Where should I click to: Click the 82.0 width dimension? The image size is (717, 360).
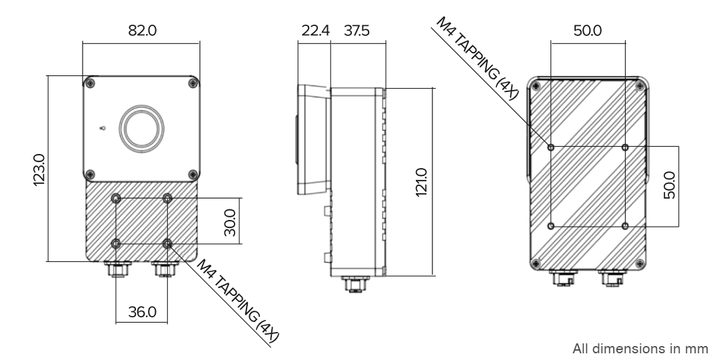point(141,31)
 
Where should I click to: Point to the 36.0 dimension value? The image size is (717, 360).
point(142,311)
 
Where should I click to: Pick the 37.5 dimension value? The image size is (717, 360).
point(357,31)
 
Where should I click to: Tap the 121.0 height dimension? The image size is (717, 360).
point(421,182)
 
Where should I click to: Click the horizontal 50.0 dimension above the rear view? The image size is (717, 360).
point(588,31)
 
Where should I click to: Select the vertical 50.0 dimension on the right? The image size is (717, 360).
point(669,185)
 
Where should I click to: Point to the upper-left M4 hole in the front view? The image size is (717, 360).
point(117,199)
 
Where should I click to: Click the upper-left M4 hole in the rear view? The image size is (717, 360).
point(551,147)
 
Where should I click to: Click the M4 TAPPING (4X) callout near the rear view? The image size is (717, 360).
point(476,57)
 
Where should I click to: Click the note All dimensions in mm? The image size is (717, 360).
point(639,348)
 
